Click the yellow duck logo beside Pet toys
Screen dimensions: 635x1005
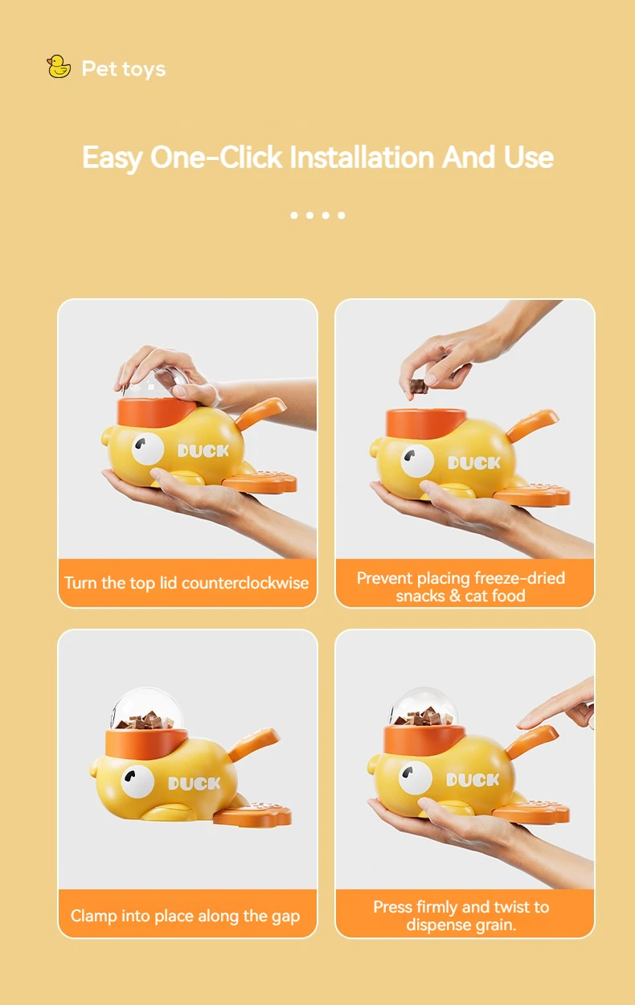pyautogui.click(x=59, y=67)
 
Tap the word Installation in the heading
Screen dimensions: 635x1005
pyautogui.click(x=362, y=158)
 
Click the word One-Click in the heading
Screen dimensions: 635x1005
pyautogui.click(x=216, y=158)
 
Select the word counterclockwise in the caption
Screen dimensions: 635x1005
pyautogui.click(x=245, y=583)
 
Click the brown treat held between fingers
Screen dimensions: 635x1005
pyautogui.click(x=418, y=386)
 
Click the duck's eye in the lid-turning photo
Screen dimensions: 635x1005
pyautogui.click(x=148, y=449)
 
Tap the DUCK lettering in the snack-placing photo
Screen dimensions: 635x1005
pyautogui.click(x=474, y=462)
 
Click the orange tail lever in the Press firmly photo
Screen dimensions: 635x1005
pyautogui.click(x=532, y=741)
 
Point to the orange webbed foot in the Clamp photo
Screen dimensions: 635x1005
pyautogui.click(x=252, y=813)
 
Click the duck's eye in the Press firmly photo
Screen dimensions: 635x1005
pyautogui.click(x=416, y=777)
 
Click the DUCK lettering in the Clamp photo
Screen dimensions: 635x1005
pyautogui.click(x=195, y=783)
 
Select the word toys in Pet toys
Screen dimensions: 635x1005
pyautogui.click(x=144, y=69)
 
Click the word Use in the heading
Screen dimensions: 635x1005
pyautogui.click(x=528, y=158)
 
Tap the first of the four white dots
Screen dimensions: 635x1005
pyautogui.click(x=294, y=215)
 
